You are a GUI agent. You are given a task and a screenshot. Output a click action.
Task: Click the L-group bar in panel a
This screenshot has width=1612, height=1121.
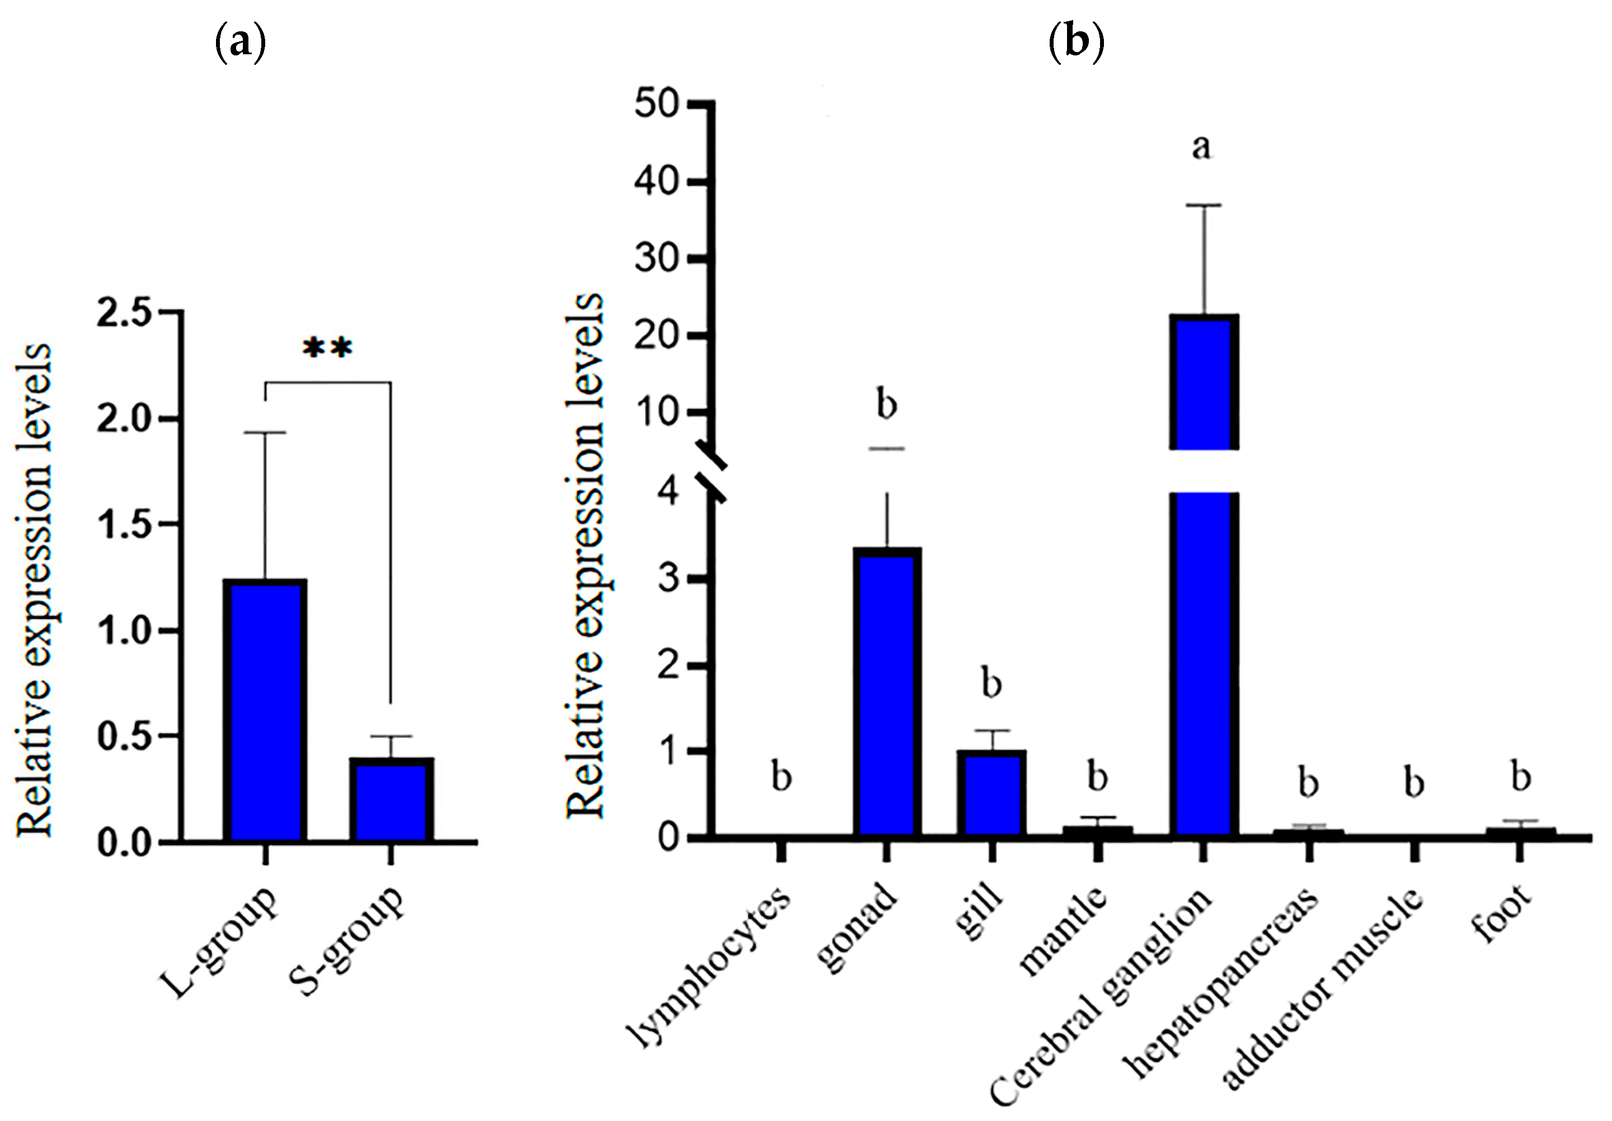pos(265,710)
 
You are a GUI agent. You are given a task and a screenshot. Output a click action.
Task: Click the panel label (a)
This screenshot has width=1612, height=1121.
pos(240,44)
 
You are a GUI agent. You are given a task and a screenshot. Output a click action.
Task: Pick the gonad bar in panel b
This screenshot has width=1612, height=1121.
pos(887,692)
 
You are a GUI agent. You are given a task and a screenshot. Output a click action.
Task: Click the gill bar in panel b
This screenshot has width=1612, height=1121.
pos(991,793)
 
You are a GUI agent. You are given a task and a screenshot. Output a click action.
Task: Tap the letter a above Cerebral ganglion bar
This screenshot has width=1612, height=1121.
pos(1202,148)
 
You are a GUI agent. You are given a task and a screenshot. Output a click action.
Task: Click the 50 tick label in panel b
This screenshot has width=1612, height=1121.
pos(656,105)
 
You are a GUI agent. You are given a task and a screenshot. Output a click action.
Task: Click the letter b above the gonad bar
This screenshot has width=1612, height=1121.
pos(887,405)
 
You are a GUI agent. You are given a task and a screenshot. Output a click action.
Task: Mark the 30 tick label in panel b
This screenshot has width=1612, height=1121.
pos(656,259)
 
